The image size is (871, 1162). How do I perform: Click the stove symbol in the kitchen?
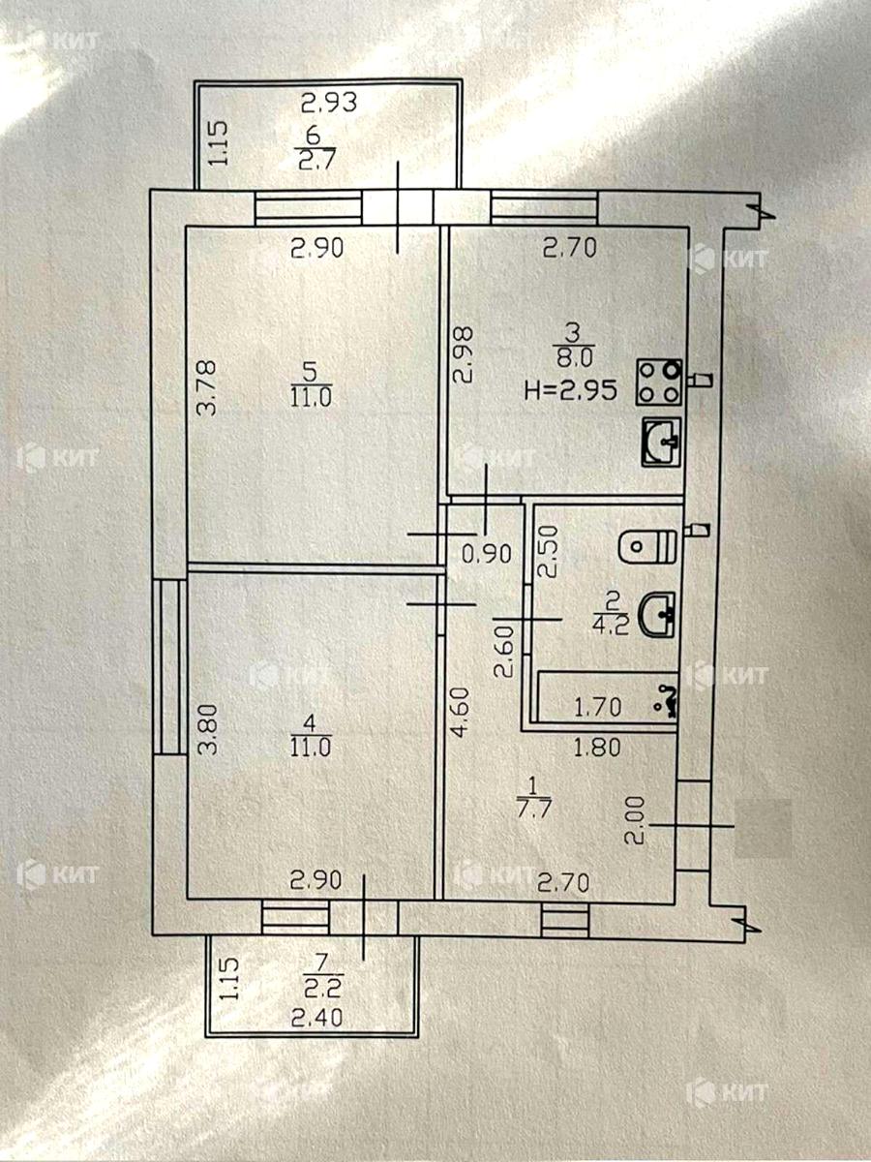pos(659,382)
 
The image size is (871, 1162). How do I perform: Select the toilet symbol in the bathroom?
pos(646,545)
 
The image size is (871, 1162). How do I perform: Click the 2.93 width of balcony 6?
pos(329,100)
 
